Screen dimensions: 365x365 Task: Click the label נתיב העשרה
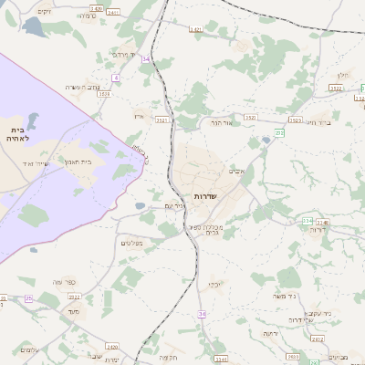pyautogui.click(x=82, y=87)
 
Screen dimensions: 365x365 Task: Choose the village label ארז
pyautogui.click(x=140, y=116)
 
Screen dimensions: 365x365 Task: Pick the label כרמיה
pyautogui.click(x=87, y=16)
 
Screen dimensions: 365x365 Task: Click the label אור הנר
pyautogui.click(x=223, y=122)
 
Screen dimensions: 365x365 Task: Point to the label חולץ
pyautogui.click(x=343, y=75)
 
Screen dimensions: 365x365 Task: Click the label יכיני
pyautogui.click(x=214, y=284)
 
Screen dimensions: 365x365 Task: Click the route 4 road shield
pyautogui.click(x=116, y=78)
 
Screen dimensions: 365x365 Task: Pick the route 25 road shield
pyautogui.click(x=28, y=298)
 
